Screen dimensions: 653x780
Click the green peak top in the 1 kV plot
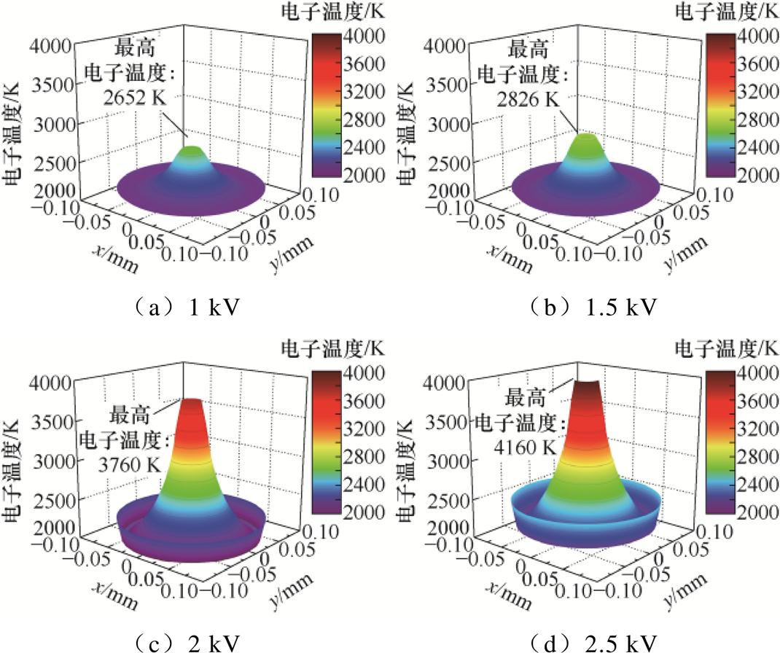click(x=191, y=151)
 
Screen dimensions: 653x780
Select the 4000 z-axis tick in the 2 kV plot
click(x=50, y=380)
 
